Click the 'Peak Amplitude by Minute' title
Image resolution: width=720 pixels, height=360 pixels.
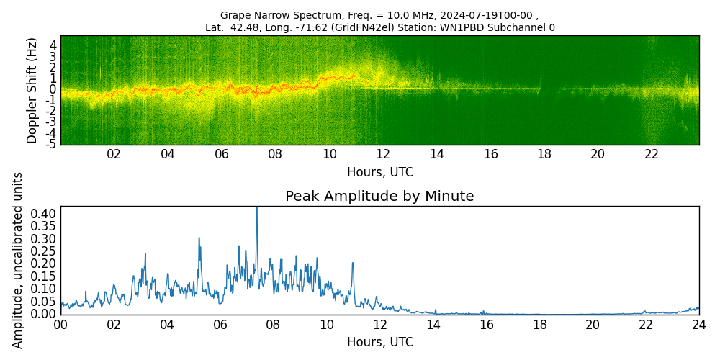click(379, 197)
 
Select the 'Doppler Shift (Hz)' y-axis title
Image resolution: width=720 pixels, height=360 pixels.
click(32, 91)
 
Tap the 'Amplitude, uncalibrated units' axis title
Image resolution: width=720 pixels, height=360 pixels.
click(18, 260)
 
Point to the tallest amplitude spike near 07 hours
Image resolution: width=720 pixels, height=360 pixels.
click(256, 209)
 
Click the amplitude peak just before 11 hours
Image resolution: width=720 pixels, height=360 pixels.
click(353, 263)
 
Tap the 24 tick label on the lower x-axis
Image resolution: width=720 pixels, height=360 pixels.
click(698, 325)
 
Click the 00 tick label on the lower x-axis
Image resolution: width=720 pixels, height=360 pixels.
click(60, 325)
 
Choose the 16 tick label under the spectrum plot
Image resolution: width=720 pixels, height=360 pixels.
click(490, 154)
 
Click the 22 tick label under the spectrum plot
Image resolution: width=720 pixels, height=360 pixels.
click(652, 154)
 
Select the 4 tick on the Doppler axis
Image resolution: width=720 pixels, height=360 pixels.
click(53, 44)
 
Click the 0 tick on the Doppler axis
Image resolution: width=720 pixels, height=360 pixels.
click(53, 89)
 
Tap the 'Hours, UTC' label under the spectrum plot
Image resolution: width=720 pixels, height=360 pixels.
click(379, 172)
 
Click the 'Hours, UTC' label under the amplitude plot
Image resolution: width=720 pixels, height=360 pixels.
click(379, 342)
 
